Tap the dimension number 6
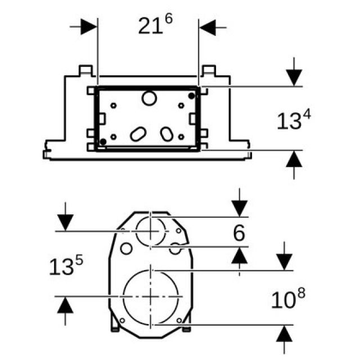click(240, 233)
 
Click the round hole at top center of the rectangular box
click(150, 98)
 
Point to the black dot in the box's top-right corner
click(192, 96)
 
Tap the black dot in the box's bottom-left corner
click(103, 141)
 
